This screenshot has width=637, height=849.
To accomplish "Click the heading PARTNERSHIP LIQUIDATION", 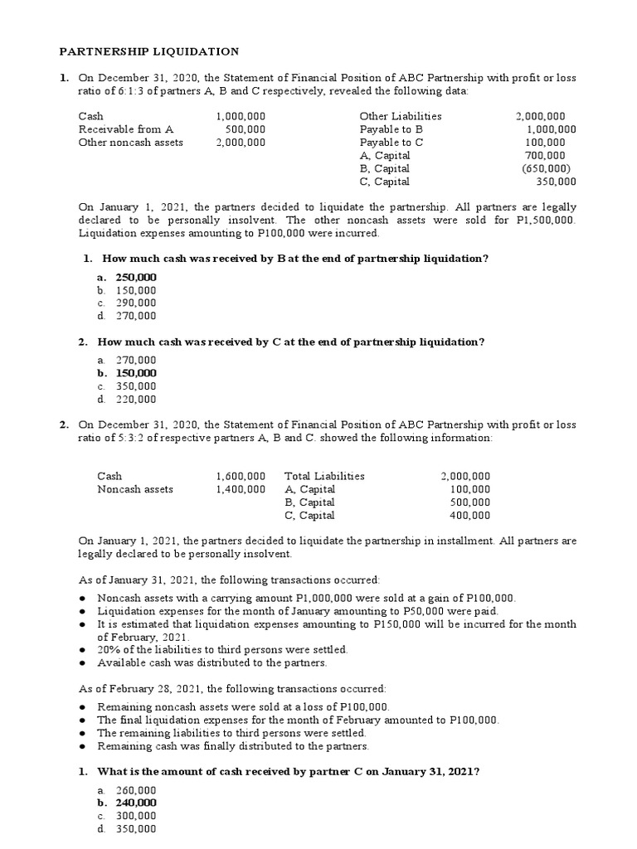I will [148, 51].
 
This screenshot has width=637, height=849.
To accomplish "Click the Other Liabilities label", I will [401, 117].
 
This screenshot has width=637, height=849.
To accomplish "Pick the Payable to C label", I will [391, 143].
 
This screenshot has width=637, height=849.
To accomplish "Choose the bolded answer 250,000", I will [135, 277].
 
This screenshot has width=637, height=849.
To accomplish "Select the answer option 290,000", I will [135, 303].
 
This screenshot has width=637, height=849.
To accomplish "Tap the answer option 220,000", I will [135, 399].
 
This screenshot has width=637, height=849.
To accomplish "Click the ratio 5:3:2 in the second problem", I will [118, 438].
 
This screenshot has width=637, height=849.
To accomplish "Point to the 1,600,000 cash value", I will [241, 477].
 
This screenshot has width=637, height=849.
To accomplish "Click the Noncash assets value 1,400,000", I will [241, 489].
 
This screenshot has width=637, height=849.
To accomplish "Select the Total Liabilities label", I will [324, 477].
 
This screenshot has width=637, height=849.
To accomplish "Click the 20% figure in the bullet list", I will [109, 650].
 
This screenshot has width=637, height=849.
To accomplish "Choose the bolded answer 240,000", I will [135, 803].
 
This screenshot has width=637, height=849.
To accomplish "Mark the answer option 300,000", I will [135, 816].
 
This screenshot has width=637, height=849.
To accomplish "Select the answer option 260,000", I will [135, 790].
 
